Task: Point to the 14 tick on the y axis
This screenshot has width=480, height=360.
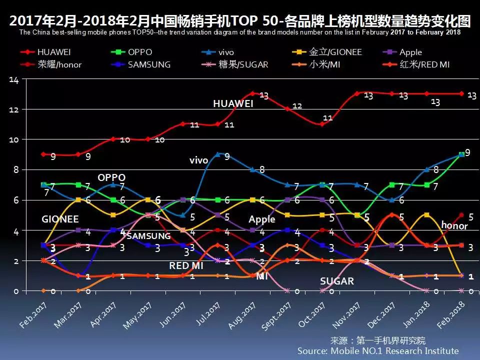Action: click(14, 80)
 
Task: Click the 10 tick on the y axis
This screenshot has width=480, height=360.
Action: click(14, 139)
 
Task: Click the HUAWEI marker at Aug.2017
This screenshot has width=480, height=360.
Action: click(252, 93)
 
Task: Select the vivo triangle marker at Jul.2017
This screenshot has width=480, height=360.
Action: click(217, 154)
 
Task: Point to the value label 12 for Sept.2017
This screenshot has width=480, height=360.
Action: click(297, 106)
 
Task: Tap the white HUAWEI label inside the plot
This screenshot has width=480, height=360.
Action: click(233, 104)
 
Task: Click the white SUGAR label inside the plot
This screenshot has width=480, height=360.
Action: click(336, 281)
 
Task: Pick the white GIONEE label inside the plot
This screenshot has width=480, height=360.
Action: click(60, 219)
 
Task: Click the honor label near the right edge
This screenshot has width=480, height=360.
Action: click(453, 225)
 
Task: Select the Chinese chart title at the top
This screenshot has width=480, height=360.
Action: click(240, 21)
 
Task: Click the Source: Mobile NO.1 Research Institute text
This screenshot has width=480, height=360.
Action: click(377, 351)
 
